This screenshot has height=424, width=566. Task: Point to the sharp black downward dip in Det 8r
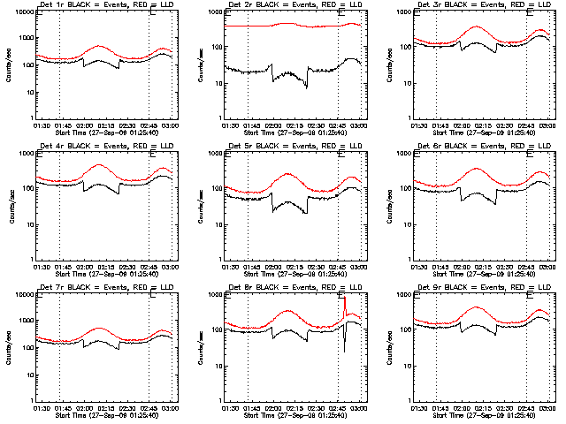(x=345, y=351)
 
